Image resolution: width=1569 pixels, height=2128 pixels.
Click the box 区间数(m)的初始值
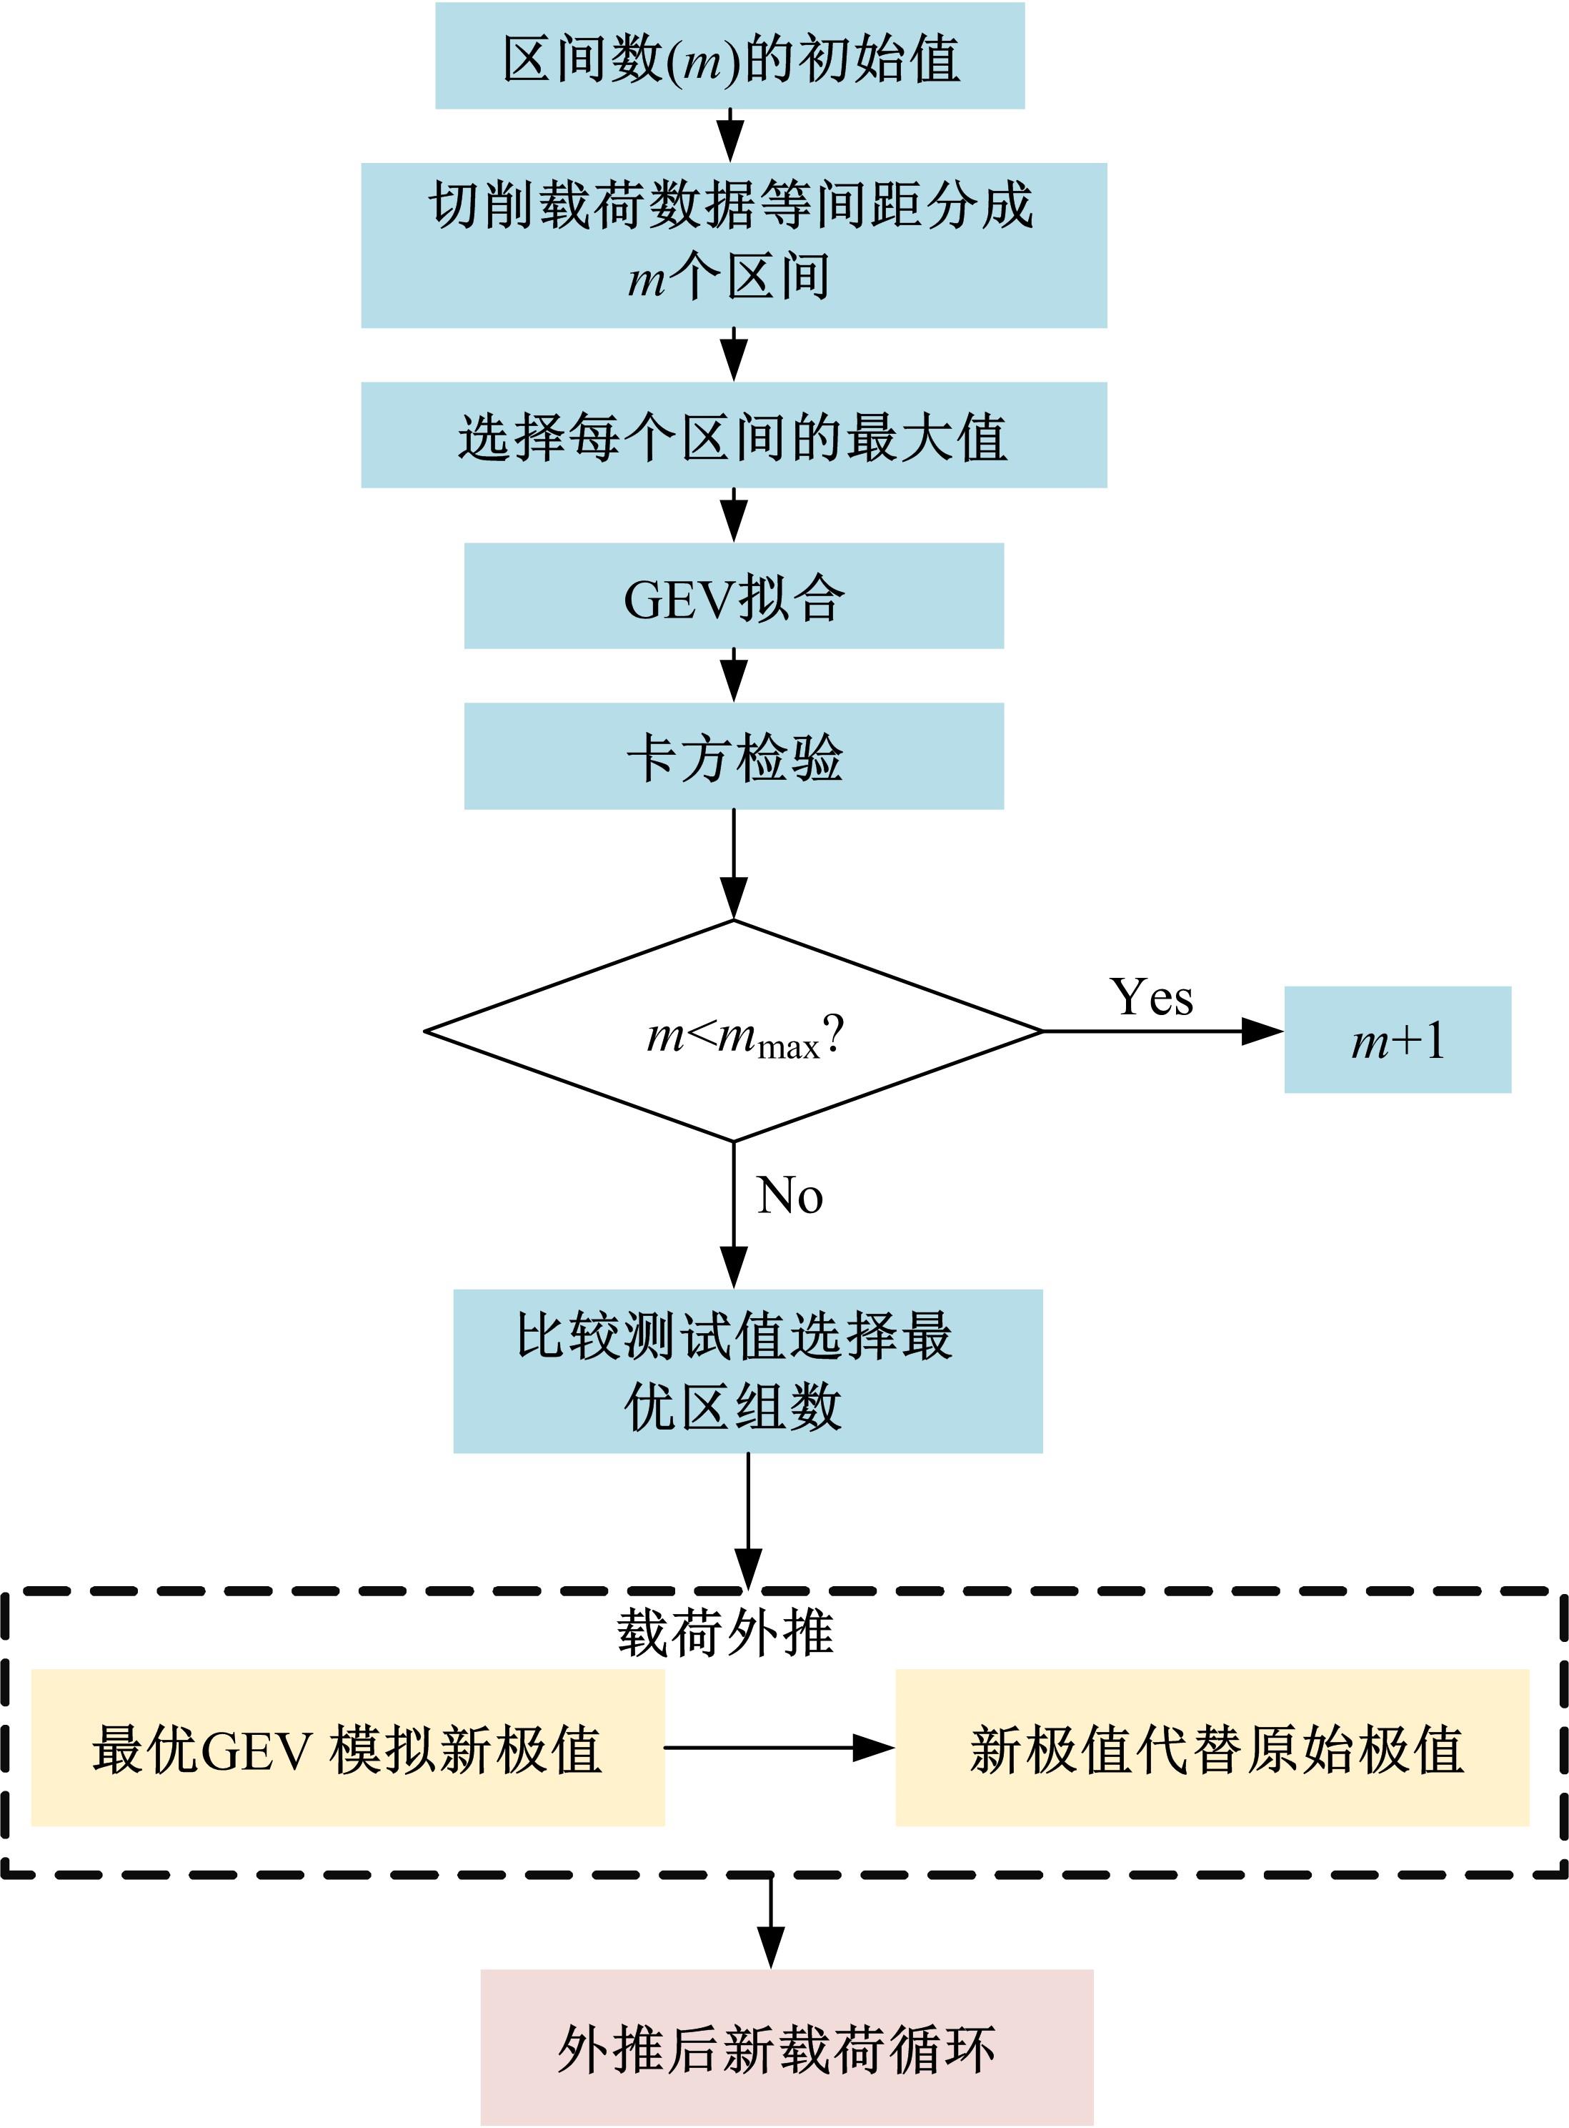point(729,56)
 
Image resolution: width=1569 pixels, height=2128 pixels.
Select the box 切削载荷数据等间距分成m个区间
point(733,245)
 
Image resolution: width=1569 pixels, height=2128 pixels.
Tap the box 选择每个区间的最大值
point(733,435)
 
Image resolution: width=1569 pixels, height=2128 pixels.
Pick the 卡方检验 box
point(733,756)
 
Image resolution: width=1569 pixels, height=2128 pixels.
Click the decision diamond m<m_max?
point(733,1031)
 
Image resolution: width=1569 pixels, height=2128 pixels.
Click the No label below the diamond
point(790,1195)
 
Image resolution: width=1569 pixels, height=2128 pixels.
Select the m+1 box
point(1397,1039)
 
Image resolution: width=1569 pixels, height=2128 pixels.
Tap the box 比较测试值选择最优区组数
point(747,1371)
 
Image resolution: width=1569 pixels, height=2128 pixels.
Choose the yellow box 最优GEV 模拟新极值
point(348,1747)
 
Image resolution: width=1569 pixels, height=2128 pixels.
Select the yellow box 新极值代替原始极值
point(1212,1747)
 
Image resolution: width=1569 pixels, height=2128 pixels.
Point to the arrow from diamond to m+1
point(1162,1031)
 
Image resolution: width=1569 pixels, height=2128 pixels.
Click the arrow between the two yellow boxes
point(779,1747)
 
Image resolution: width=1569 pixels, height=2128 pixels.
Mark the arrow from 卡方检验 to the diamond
point(733,864)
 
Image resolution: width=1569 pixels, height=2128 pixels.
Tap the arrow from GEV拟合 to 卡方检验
point(733,675)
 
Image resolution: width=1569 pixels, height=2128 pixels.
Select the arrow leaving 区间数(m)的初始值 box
point(729,136)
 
